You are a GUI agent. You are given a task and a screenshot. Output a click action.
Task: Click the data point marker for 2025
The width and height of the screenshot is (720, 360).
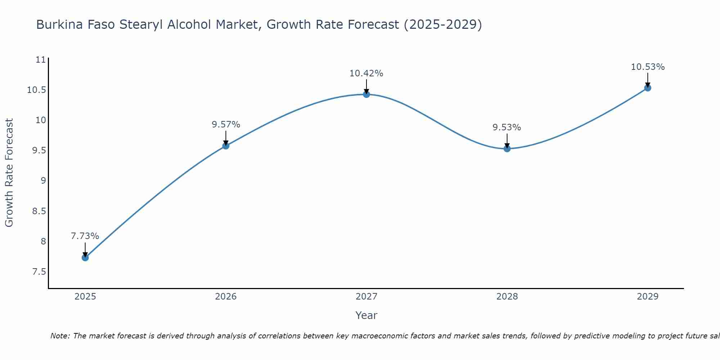(x=85, y=258)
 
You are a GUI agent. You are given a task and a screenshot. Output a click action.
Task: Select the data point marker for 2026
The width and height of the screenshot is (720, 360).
(x=226, y=146)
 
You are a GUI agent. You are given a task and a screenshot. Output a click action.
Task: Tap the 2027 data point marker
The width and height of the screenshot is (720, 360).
(x=366, y=94)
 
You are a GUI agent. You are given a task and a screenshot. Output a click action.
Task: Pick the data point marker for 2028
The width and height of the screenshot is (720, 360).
(x=507, y=148)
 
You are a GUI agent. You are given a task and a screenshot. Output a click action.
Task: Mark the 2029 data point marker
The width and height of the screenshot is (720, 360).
(x=648, y=88)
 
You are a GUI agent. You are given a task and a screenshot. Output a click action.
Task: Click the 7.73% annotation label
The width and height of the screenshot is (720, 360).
(x=85, y=236)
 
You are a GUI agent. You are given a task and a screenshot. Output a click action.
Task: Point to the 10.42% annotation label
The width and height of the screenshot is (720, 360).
(x=366, y=73)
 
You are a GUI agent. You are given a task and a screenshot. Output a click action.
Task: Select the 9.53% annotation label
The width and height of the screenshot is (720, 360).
(x=507, y=127)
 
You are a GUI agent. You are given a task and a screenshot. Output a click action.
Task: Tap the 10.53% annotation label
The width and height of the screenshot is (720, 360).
(x=648, y=67)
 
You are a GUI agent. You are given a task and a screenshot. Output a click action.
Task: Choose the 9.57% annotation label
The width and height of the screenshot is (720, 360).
(x=226, y=125)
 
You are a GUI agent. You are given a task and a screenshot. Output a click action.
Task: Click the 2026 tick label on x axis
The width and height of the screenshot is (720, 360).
(x=226, y=297)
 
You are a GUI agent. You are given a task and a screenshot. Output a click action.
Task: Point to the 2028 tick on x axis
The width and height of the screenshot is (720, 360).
(x=507, y=297)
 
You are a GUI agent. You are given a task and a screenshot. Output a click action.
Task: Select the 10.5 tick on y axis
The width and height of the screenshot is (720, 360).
(x=37, y=90)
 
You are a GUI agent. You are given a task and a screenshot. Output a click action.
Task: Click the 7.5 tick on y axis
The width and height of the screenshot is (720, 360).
(x=39, y=271)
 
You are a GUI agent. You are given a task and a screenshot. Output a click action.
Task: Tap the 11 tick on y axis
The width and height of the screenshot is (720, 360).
(x=41, y=59)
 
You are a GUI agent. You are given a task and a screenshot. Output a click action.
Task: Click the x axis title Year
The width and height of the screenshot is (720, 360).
(x=366, y=315)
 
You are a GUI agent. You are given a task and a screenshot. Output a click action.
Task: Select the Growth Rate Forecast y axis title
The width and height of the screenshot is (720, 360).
(x=9, y=173)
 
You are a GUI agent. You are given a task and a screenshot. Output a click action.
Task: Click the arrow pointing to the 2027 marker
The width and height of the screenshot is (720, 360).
(x=366, y=86)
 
